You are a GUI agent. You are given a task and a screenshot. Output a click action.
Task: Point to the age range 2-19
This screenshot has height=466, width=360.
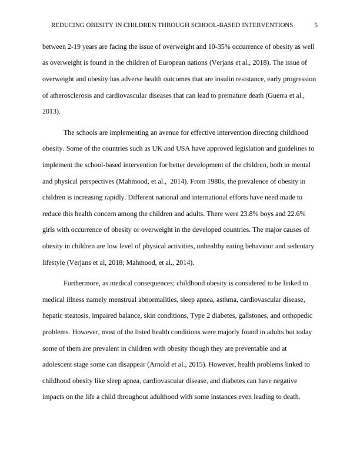76,45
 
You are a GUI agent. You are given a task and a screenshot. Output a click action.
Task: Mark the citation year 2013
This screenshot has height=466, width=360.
51,113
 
